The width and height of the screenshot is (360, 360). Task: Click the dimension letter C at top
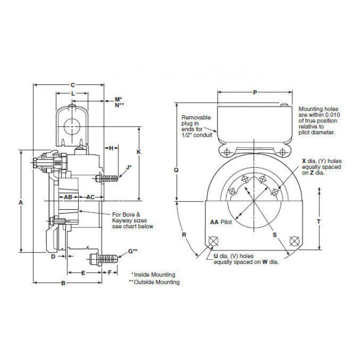73,85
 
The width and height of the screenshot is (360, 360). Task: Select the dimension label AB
68,197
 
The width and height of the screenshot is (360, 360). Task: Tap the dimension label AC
90,197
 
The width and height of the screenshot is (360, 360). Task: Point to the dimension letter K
139,152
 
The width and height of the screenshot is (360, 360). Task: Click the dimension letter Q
176,170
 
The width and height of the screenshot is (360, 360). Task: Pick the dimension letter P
255,93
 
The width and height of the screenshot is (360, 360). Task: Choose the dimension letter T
319,222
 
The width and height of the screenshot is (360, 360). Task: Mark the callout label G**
133,251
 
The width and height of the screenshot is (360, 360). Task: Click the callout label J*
129,167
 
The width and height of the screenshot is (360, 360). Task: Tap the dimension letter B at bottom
63,283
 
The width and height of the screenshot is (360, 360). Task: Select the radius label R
184,235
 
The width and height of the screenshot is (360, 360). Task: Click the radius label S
275,235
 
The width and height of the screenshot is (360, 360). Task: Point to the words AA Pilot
221,222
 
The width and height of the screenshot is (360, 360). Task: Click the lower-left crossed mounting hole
213,241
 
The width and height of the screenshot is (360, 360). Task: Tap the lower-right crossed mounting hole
294,241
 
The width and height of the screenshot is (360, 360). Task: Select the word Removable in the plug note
196,118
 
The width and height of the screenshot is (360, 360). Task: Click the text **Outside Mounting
154,282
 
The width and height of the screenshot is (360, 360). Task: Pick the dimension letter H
111,148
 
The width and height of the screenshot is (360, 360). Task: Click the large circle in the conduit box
72,127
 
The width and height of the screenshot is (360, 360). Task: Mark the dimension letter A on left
21,203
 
